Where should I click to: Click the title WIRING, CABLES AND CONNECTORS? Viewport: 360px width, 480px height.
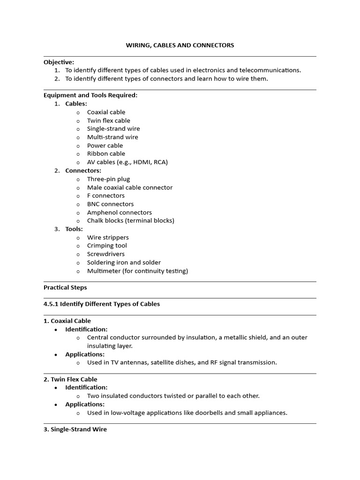click(x=180, y=45)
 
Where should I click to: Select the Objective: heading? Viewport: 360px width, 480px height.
click(x=59, y=62)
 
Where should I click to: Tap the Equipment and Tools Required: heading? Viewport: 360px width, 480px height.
click(x=90, y=95)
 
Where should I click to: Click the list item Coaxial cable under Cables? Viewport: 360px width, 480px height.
click(x=106, y=112)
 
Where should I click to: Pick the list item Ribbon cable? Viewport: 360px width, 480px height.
click(x=106, y=154)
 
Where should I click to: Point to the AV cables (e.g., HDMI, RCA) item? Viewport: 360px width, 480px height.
click(x=127, y=162)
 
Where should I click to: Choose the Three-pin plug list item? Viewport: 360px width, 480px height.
click(x=108, y=179)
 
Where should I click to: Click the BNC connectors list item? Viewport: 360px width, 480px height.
click(x=110, y=204)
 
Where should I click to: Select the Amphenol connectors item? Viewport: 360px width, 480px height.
click(x=119, y=212)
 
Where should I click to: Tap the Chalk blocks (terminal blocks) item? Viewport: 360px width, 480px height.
click(x=130, y=221)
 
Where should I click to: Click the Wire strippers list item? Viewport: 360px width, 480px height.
click(x=108, y=238)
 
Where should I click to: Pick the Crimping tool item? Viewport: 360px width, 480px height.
click(x=107, y=246)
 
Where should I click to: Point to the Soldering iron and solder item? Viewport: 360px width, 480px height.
click(x=124, y=262)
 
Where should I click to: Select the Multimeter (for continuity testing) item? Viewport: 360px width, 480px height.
click(x=137, y=271)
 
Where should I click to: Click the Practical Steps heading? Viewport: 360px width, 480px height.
click(x=65, y=287)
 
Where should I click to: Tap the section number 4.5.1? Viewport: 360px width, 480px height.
click(x=52, y=304)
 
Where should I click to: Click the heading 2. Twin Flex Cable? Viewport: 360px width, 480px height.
click(x=70, y=379)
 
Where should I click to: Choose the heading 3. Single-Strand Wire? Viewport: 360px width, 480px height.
click(x=75, y=429)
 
